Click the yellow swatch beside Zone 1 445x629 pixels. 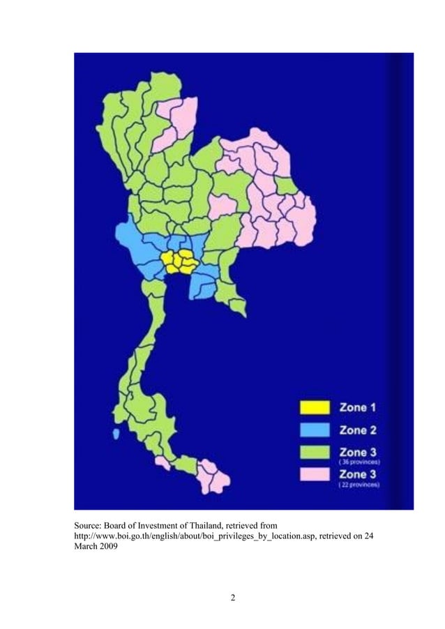tap(315, 407)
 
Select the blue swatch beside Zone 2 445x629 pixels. tap(315, 430)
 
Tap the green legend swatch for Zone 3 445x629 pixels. tap(315, 452)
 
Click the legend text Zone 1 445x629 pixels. tap(358, 407)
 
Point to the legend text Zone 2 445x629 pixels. tap(358, 430)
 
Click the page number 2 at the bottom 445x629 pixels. tap(233, 598)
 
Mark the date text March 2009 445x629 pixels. tap(96, 545)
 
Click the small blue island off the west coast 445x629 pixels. tap(115, 434)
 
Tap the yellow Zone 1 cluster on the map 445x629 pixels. tap(179, 262)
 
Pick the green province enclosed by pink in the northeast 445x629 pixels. tap(285, 185)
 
